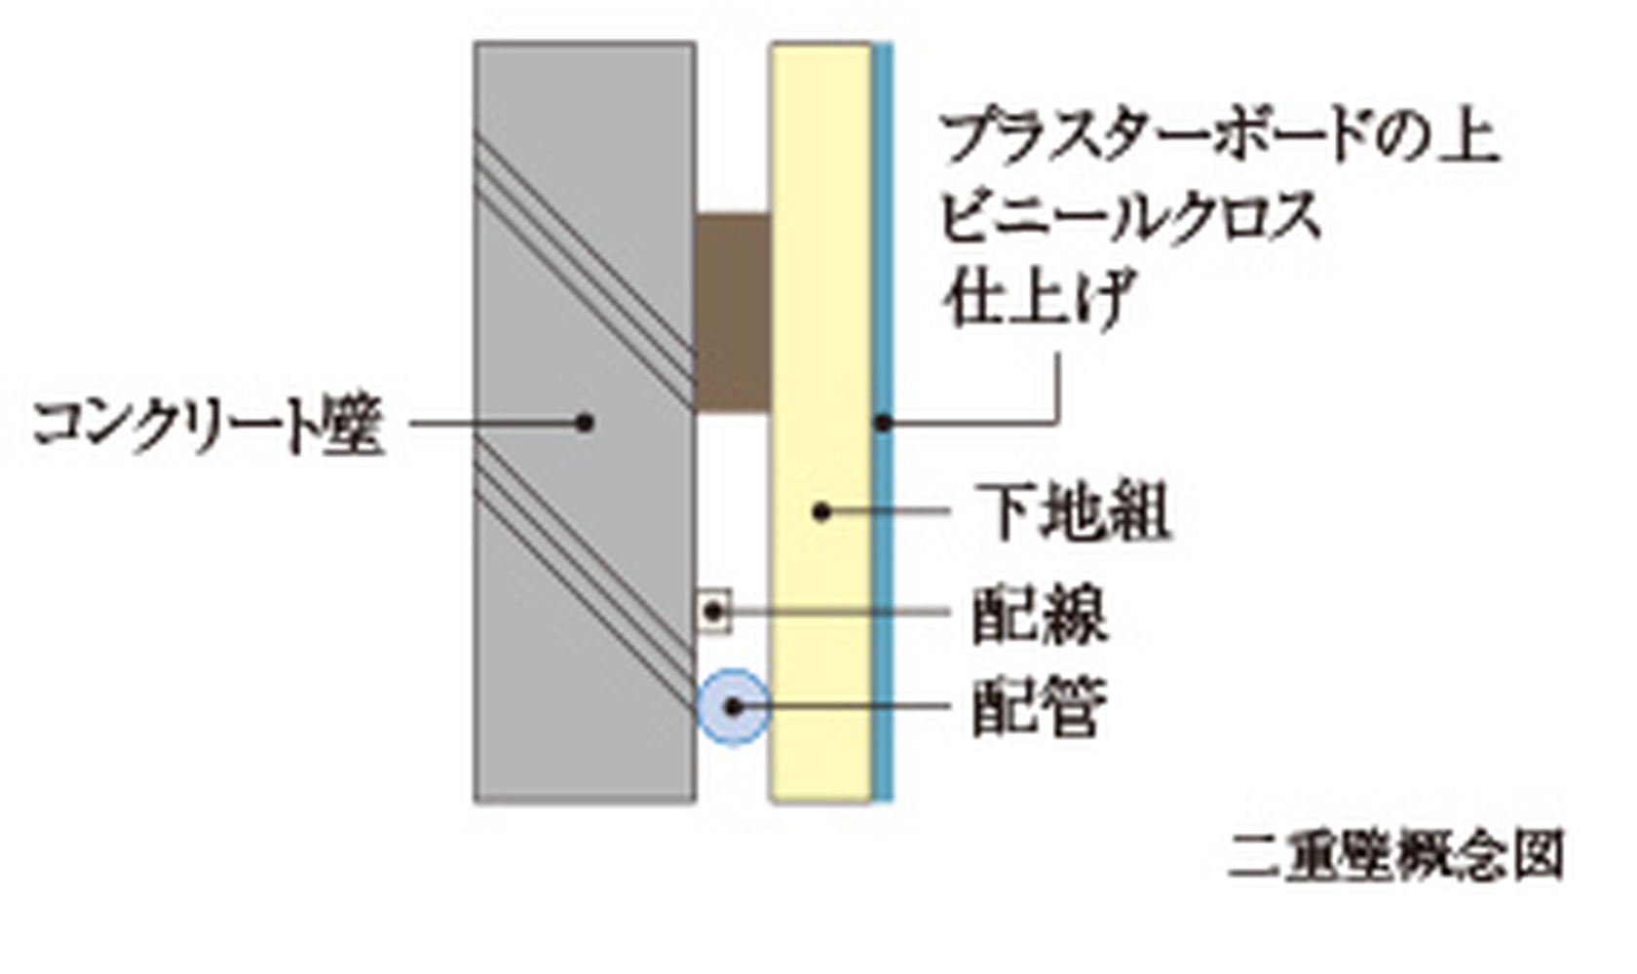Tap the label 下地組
click(x=1073, y=510)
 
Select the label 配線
click(x=1040, y=614)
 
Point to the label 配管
click(x=1040, y=707)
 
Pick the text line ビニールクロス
click(x=1130, y=216)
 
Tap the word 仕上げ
click(x=1038, y=296)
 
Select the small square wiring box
click(x=714, y=612)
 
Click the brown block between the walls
click(x=733, y=312)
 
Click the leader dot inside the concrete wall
click(x=585, y=423)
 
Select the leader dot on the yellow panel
click(x=821, y=510)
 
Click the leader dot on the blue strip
click(x=883, y=423)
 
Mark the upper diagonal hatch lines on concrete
click(x=585, y=268)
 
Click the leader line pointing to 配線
click(x=838, y=613)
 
